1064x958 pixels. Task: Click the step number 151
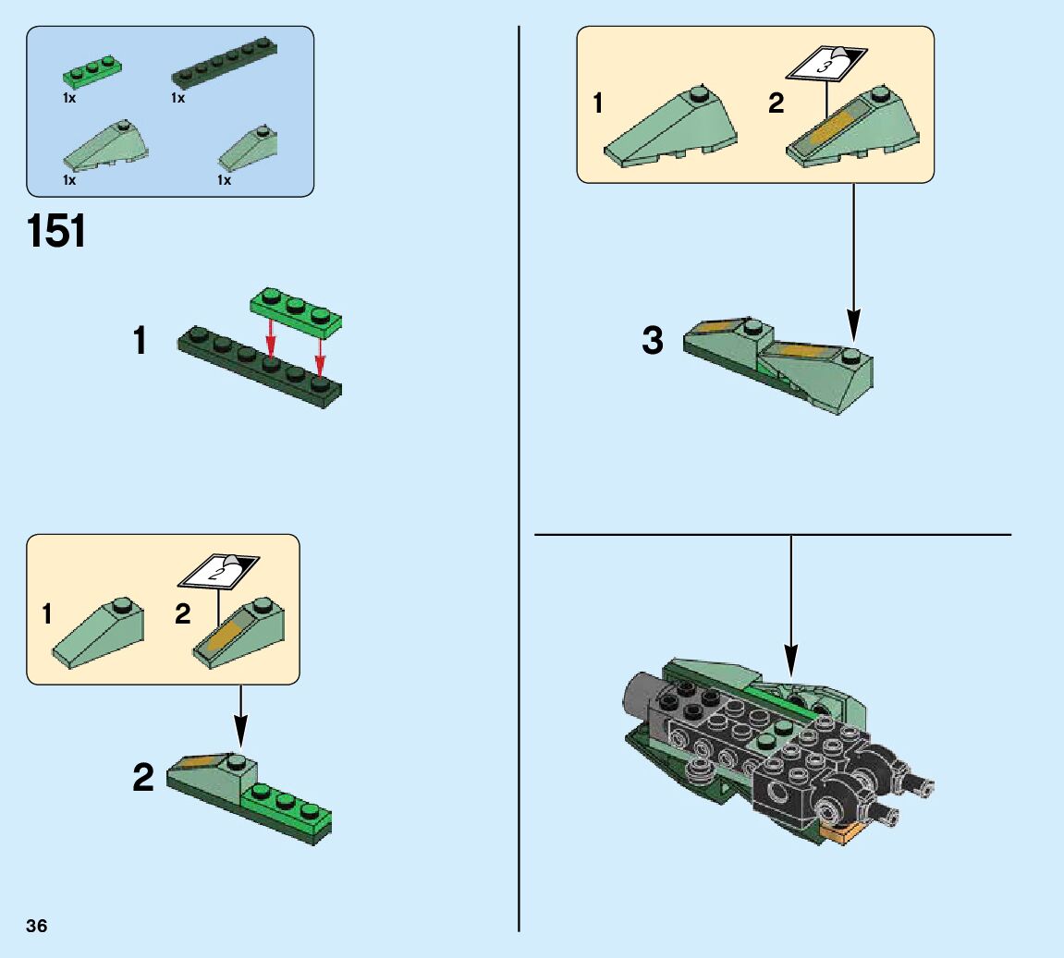(x=56, y=231)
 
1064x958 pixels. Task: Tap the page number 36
(x=37, y=927)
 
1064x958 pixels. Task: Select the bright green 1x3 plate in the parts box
(x=92, y=71)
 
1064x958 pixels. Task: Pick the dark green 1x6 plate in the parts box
(x=225, y=65)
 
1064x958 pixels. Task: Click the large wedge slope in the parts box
(x=106, y=147)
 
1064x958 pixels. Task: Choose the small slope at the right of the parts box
(x=248, y=149)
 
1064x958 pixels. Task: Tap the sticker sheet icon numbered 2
(x=218, y=572)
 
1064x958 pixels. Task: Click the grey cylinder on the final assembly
(x=639, y=700)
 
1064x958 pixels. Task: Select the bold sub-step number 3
(x=652, y=340)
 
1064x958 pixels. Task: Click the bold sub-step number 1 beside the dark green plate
(x=140, y=340)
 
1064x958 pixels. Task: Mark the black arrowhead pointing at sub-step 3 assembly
(x=853, y=325)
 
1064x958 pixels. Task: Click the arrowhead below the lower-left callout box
(x=240, y=733)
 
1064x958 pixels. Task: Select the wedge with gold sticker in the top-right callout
(x=853, y=127)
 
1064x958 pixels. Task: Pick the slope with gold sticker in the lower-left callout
(x=238, y=632)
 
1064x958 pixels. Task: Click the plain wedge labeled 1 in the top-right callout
(x=670, y=127)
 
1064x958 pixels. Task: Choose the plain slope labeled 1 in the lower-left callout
(x=98, y=633)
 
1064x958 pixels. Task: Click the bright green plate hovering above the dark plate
(x=296, y=312)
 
